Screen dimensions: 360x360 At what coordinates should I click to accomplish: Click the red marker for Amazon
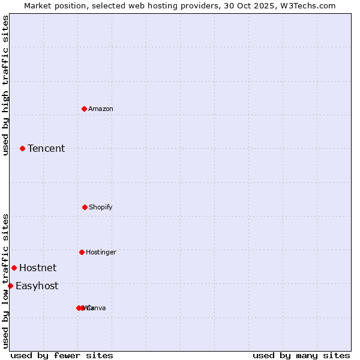click(x=84, y=109)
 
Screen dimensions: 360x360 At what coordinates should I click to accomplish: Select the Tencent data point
click(x=22, y=148)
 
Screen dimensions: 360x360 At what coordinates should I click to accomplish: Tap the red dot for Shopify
click(x=85, y=207)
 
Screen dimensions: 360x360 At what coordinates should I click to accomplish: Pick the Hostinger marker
click(x=82, y=252)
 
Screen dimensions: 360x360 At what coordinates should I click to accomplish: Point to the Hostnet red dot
click(x=14, y=268)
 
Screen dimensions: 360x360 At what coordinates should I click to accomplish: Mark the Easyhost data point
click(x=10, y=286)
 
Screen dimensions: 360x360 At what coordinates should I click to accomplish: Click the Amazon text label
click(x=100, y=109)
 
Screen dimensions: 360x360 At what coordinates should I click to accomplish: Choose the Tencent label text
click(x=46, y=148)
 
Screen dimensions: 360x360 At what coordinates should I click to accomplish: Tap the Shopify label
click(x=100, y=207)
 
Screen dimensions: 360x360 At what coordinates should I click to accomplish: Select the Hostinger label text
click(x=101, y=252)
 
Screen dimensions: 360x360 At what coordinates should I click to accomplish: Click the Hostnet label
click(x=38, y=268)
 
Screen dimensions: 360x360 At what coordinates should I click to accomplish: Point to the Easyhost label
click(x=37, y=286)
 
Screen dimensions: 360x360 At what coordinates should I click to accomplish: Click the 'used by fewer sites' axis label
click(x=62, y=355)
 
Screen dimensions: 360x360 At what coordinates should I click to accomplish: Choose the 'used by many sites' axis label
click(x=301, y=355)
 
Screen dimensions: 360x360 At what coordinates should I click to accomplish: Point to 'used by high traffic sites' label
click(x=5, y=85)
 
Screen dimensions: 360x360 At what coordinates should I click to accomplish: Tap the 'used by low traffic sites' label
click(x=5, y=281)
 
